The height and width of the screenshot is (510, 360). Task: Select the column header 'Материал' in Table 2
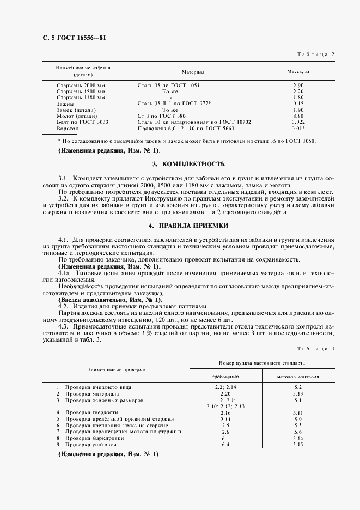193,71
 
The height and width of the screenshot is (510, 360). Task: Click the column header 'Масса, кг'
298,71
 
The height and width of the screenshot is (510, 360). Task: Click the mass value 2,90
298,86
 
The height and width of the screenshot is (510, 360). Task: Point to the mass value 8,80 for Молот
298,116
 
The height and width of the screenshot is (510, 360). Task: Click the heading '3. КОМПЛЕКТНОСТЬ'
180,163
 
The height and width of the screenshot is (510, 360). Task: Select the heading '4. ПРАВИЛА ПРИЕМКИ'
180,225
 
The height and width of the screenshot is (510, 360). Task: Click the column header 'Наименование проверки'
115,369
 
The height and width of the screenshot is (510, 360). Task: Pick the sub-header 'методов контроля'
297,377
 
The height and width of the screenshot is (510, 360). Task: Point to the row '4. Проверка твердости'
87,412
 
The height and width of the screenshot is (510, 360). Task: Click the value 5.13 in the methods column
297,393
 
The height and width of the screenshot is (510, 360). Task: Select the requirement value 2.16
226,412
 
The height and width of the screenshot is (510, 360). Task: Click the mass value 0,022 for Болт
298,122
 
